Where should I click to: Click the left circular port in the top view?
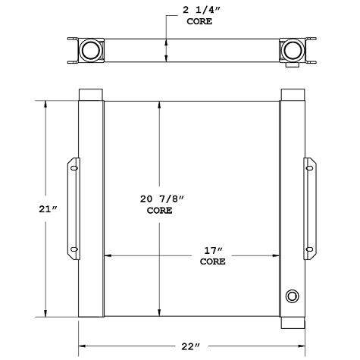coord(90,50)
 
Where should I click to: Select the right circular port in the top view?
coord(291,50)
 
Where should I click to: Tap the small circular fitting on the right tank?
coord(293,296)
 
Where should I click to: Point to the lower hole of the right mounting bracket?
coord(308,249)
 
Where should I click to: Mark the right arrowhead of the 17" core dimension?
coord(277,256)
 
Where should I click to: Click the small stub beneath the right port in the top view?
coord(292,67)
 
